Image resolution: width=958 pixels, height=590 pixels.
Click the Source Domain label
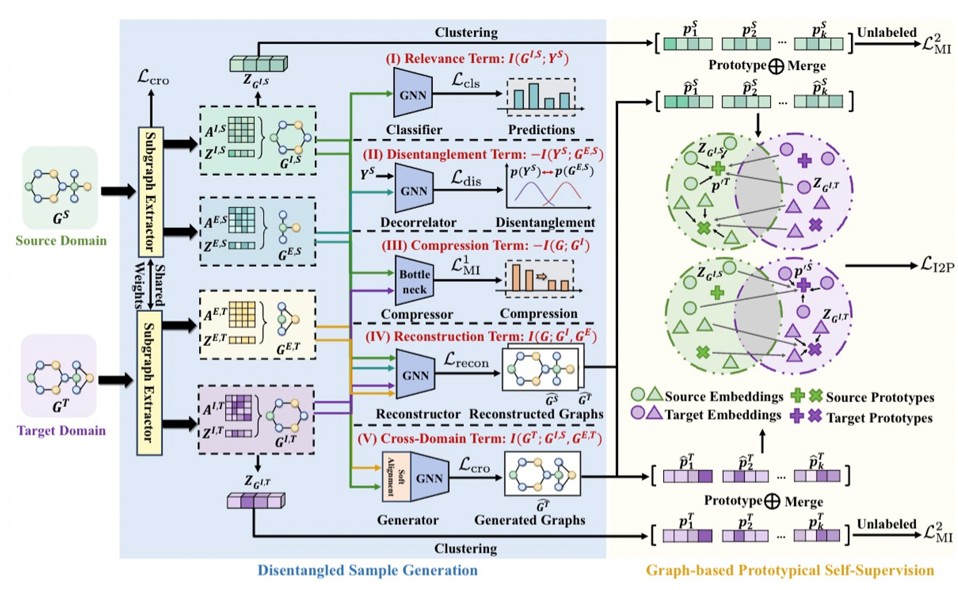click(x=61, y=241)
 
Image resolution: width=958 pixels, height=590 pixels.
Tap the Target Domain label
click(x=61, y=431)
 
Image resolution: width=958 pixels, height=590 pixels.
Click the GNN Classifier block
click(x=413, y=94)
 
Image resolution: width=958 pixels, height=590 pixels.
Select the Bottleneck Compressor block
click(x=414, y=282)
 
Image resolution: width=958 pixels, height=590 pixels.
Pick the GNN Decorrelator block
click(x=413, y=190)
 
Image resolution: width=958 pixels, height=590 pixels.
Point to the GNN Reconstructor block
click(x=415, y=375)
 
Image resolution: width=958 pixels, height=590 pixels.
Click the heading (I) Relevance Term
click(x=476, y=59)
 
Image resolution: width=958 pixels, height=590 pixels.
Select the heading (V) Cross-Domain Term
click(x=480, y=438)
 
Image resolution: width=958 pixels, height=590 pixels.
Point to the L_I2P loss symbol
click(x=937, y=265)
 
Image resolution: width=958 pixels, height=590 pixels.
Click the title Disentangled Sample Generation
click(x=368, y=571)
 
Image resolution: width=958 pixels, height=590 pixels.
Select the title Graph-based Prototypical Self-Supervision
click(x=790, y=571)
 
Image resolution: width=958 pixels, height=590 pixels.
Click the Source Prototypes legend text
click(x=880, y=397)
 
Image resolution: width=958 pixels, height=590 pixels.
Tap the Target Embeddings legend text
click(x=723, y=415)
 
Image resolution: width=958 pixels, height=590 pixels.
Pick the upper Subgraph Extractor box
click(x=150, y=192)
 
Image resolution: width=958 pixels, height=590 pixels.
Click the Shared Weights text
click(x=150, y=286)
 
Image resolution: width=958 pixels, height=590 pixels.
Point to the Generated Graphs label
click(x=530, y=520)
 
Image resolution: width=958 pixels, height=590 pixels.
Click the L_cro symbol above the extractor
click(x=153, y=78)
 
